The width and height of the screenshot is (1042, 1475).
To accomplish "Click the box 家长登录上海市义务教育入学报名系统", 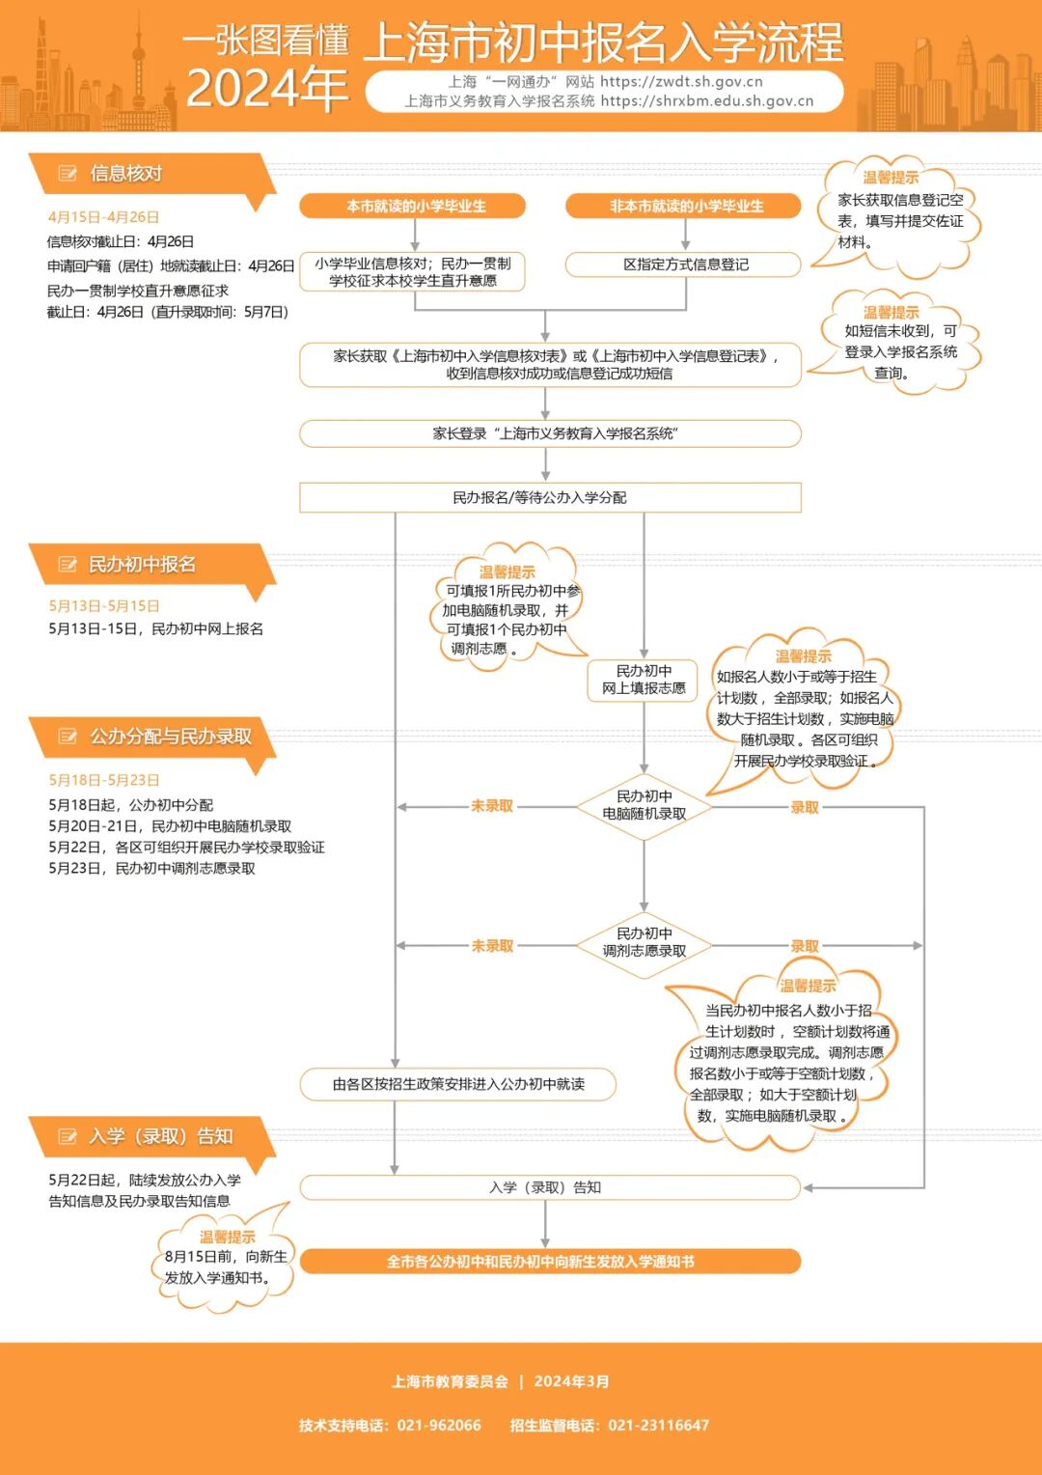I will (x=550, y=433).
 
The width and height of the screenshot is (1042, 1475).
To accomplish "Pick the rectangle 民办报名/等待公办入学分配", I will (x=550, y=498).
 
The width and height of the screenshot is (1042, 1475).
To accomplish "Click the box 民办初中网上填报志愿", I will (x=644, y=680).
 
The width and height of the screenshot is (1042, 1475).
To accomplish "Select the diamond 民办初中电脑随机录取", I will (x=644, y=806).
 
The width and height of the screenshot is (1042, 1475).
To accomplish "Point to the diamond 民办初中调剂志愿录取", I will (x=644, y=943).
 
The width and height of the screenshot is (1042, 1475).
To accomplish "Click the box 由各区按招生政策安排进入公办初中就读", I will (x=458, y=1084).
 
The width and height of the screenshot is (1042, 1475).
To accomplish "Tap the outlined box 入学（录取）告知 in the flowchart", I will (x=550, y=1187).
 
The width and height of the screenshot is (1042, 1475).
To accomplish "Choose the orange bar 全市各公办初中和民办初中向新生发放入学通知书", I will (x=550, y=1262).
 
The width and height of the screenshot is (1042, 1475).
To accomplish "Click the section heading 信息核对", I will (x=125, y=174).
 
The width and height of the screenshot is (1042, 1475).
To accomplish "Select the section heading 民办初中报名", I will (x=142, y=565).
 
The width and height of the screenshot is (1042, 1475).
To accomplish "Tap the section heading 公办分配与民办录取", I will (x=170, y=737).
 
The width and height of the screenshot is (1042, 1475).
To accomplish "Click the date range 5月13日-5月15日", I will (x=104, y=606).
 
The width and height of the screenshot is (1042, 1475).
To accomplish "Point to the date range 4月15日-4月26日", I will (x=103, y=217).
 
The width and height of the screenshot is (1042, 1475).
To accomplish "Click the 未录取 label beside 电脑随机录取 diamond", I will (x=492, y=806).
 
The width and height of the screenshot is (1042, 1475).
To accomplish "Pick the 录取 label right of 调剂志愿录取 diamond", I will (x=805, y=946).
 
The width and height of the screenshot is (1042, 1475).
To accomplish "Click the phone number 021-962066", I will (x=439, y=1426).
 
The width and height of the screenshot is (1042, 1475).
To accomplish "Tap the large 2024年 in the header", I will (x=267, y=90).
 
